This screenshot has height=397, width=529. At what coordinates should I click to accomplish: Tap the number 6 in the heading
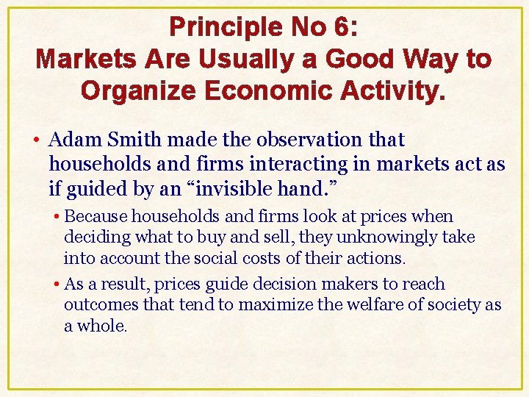342,27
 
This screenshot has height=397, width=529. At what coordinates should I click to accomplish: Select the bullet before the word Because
57,218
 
